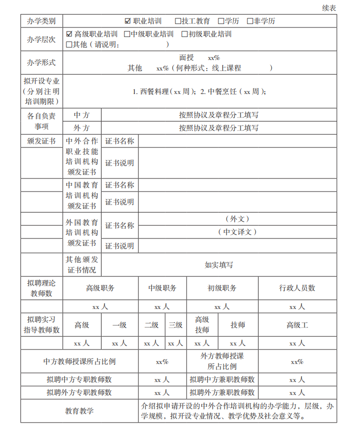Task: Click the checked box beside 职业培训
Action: click(128, 21)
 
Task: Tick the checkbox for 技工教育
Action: click(178, 21)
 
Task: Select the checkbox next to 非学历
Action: click(250, 21)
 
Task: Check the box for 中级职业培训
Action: click(127, 34)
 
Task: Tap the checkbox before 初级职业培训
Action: click(184, 34)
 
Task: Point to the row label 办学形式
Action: click(41, 62)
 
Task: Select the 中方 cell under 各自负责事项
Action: click(81, 115)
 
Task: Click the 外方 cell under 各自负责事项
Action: click(81, 128)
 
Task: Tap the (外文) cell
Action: click(237, 219)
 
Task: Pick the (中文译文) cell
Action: click(237, 232)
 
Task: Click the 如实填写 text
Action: click(219, 265)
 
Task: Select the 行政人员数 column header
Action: click(297, 288)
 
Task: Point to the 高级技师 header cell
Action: click(202, 324)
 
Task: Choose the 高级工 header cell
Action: click(297, 325)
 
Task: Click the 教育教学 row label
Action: click(79, 411)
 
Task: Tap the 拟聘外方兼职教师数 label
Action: click(222, 392)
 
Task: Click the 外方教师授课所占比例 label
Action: click(222, 361)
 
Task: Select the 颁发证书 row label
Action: click(41, 141)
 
